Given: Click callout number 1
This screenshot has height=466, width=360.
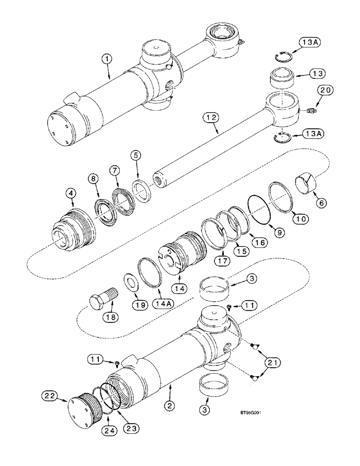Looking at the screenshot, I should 108,59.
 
